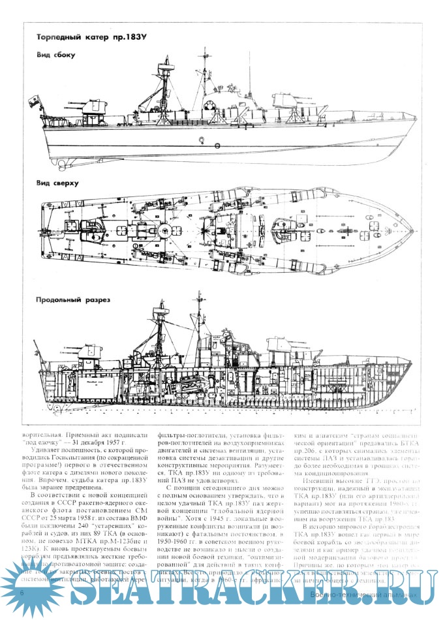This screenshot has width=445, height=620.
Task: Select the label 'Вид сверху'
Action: [x=57, y=183]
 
